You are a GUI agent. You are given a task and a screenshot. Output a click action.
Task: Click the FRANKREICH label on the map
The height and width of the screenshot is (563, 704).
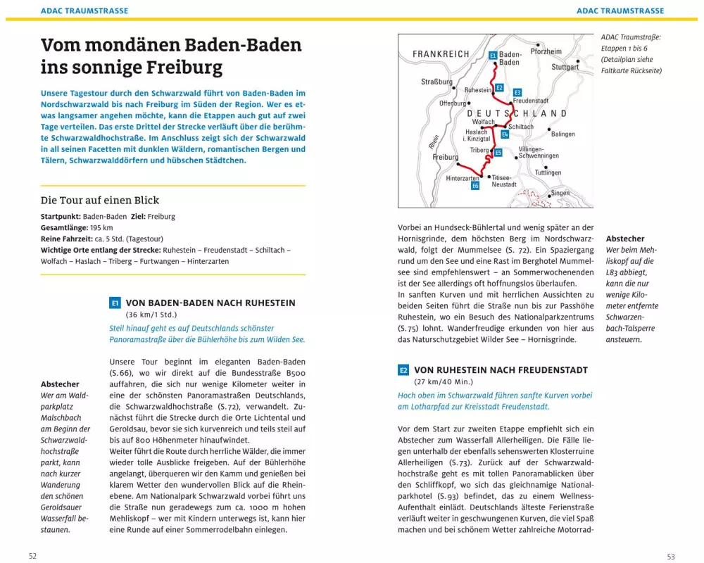tap(441, 54)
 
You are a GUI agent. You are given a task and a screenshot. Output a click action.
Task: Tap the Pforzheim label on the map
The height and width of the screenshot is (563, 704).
tap(546, 51)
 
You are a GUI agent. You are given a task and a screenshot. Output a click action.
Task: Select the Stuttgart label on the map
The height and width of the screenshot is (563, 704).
tap(565, 67)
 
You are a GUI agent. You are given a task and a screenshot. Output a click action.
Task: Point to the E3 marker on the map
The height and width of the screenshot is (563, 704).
tap(517, 92)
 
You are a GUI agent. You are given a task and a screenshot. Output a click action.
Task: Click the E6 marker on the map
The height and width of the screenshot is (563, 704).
tap(475, 186)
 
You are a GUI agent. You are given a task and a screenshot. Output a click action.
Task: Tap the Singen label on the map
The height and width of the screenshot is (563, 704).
tap(560, 193)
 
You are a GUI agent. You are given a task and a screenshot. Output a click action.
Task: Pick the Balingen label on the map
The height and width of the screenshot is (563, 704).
tap(562, 134)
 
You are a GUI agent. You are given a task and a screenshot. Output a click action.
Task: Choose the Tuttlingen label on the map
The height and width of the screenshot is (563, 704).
tap(548, 172)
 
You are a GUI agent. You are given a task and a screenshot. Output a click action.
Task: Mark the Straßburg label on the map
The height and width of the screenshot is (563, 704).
tap(436, 82)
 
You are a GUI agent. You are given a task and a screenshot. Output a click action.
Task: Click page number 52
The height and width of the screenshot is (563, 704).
tap(32, 556)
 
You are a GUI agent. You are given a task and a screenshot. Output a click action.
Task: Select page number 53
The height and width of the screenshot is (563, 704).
tap(670, 556)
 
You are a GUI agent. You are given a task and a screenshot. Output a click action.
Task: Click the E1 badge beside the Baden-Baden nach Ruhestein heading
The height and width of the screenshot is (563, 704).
tap(115, 303)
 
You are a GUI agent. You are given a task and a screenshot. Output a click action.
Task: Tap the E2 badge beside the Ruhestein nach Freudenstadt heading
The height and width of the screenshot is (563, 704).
tap(403, 370)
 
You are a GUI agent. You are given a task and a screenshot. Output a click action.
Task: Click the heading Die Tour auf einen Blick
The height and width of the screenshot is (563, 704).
tap(100, 200)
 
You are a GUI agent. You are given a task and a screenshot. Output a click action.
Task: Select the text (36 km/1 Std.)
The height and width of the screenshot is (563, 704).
tap(151, 315)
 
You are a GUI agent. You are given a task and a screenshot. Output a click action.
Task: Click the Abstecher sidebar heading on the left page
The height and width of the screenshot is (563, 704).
tap(60, 384)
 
